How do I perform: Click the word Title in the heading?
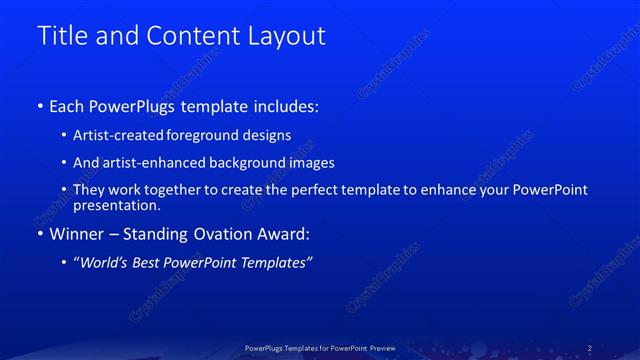click(61, 36)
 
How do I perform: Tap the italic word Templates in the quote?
click(279, 263)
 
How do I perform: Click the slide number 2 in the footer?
click(589, 348)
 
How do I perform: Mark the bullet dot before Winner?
click(40, 236)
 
